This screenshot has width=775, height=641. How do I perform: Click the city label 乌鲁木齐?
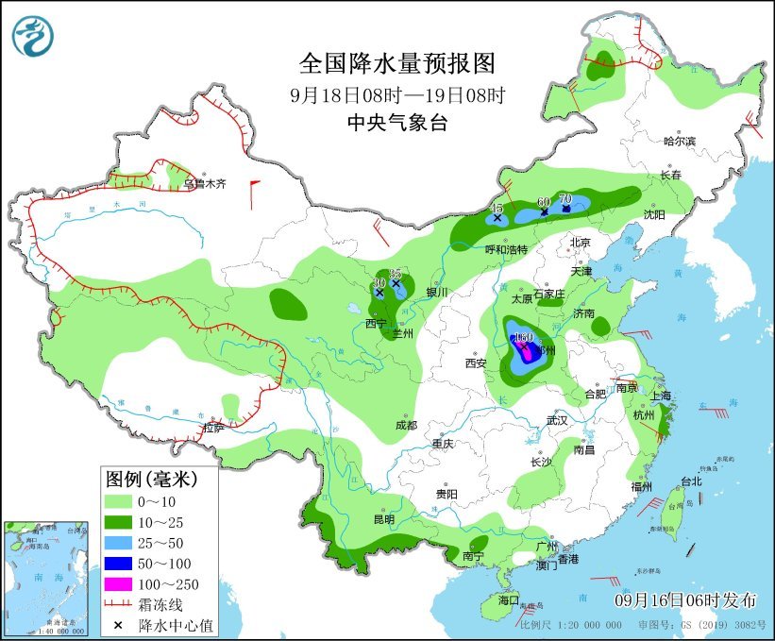(x=205, y=184)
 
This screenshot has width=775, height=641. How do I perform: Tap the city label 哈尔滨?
(x=679, y=141)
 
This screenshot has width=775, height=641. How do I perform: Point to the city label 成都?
(x=406, y=425)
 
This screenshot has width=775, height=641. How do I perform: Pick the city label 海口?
(x=509, y=599)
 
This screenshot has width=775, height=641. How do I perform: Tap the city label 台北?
(x=691, y=481)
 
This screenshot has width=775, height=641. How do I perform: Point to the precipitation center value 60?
(x=544, y=202)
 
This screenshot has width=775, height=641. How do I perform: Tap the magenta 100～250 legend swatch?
(x=119, y=582)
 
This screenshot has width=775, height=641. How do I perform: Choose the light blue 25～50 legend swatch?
(x=119, y=541)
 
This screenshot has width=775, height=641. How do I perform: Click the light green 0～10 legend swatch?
(x=119, y=500)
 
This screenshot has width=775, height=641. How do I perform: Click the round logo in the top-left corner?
(x=33, y=35)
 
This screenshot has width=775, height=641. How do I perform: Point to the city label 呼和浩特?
(x=506, y=249)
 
